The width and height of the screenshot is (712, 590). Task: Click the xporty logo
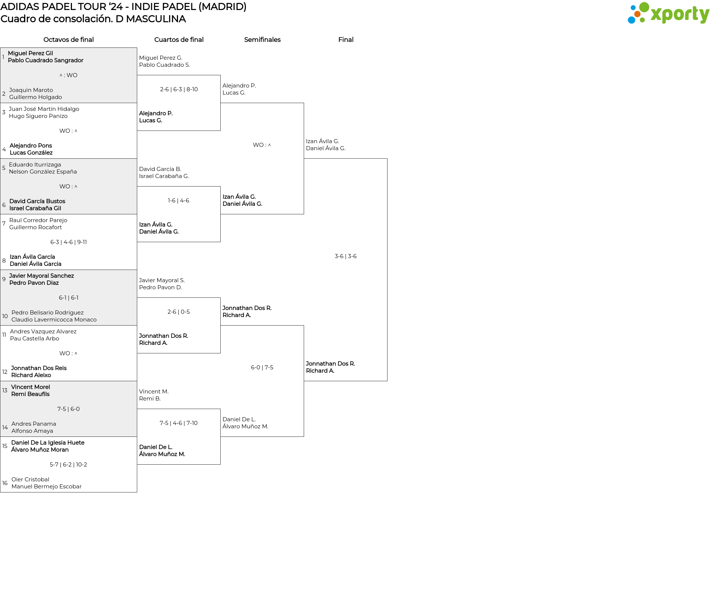(x=668, y=13)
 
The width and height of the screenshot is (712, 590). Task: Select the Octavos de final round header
(x=69, y=40)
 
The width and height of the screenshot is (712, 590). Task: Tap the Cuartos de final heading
(x=179, y=40)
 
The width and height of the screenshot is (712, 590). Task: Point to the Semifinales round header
(x=262, y=40)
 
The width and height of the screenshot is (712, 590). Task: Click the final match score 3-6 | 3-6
(x=346, y=256)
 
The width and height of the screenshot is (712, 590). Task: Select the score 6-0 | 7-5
(x=262, y=367)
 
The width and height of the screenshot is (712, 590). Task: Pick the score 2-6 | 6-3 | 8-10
(x=179, y=89)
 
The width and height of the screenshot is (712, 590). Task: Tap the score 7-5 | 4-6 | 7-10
(x=179, y=423)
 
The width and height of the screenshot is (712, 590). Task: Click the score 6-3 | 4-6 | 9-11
(x=69, y=242)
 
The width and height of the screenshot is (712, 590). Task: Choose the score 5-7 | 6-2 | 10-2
(x=69, y=465)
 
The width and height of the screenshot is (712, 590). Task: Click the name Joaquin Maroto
(x=31, y=90)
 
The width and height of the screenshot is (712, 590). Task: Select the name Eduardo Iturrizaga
(x=35, y=165)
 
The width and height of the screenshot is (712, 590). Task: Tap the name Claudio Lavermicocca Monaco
(x=54, y=320)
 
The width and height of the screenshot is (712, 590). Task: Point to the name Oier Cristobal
(x=30, y=479)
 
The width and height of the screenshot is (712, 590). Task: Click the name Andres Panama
(x=34, y=424)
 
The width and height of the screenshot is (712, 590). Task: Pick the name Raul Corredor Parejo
(x=38, y=220)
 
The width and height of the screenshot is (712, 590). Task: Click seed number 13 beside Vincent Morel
(x=5, y=390)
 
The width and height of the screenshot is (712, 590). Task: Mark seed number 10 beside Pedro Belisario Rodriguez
(x=5, y=316)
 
